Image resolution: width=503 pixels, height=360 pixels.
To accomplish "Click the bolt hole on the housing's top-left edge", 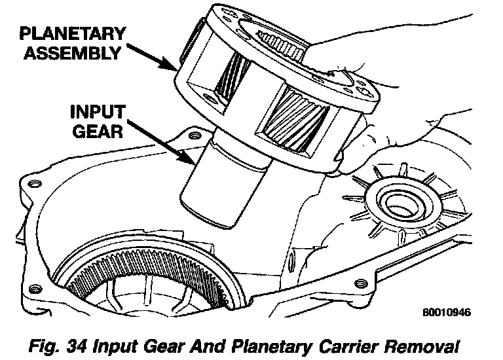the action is (193, 135).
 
